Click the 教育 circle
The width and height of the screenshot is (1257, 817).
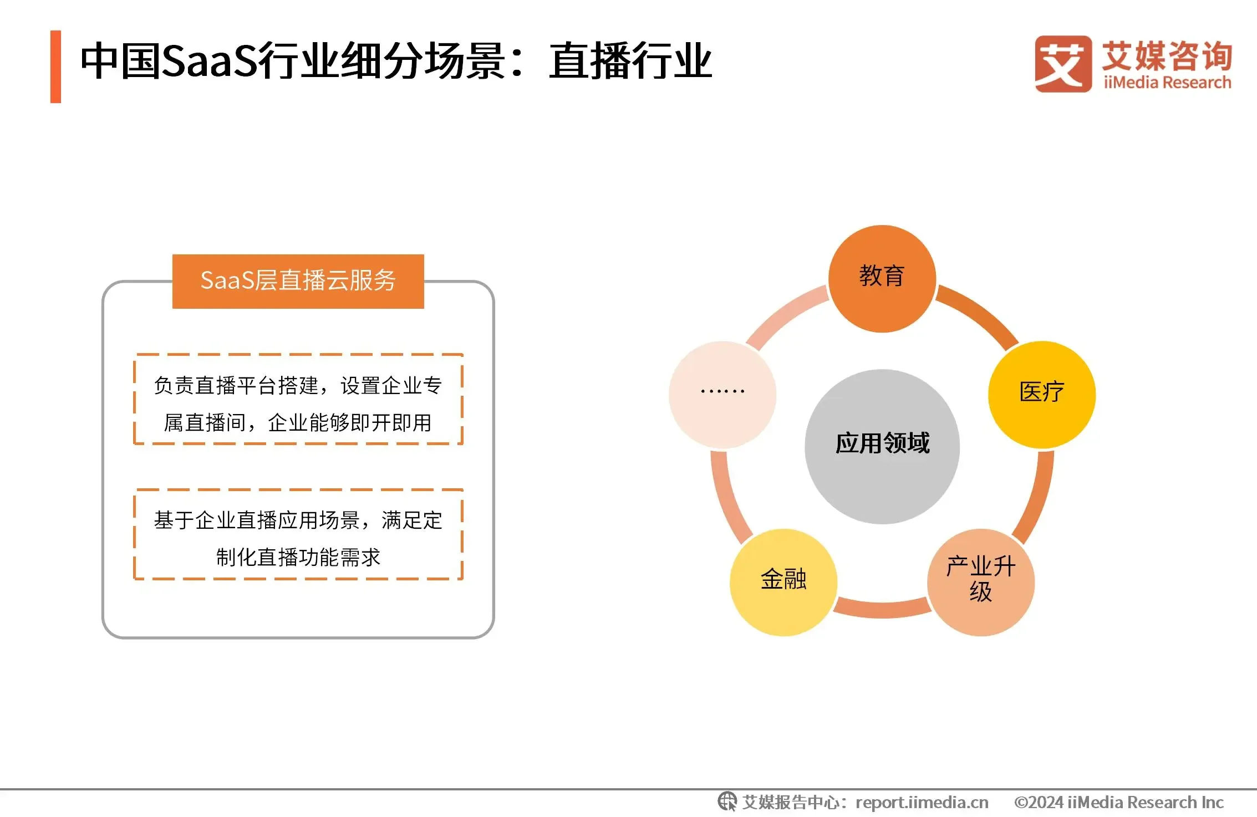coord(882,279)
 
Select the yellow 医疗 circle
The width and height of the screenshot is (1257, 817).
coord(1042,395)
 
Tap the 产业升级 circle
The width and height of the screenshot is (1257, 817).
coord(981,582)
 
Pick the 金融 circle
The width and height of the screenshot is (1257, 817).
coord(783,582)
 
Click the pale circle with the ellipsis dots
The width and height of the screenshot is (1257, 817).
coord(722,395)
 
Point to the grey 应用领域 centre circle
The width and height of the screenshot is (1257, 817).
coord(882,446)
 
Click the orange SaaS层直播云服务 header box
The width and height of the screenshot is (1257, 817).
coord(298,281)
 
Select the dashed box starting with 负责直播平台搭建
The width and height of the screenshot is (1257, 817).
coord(298,399)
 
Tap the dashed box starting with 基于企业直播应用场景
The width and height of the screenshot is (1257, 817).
coord(298,534)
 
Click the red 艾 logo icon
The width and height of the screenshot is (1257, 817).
coord(1063,64)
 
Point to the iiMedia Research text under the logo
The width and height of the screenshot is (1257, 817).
coord(1167,83)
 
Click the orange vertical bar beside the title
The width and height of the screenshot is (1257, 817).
coord(55,67)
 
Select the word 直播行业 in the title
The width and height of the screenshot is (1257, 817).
coord(630,60)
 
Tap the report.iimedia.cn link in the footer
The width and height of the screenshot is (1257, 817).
coord(922,802)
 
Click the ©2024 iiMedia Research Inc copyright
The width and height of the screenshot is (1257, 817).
coord(1119,802)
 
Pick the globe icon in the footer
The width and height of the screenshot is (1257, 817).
coord(727,801)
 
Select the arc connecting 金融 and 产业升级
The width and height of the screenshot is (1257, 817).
coord(882,609)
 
